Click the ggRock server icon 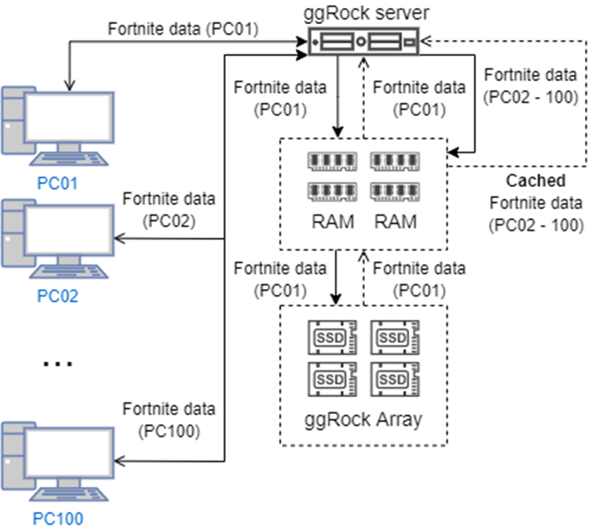[x=362, y=42]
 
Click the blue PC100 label [x=58, y=517]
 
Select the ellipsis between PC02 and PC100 [x=58, y=362]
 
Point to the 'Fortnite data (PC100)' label [x=169, y=419]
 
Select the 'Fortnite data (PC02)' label [x=169, y=207]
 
